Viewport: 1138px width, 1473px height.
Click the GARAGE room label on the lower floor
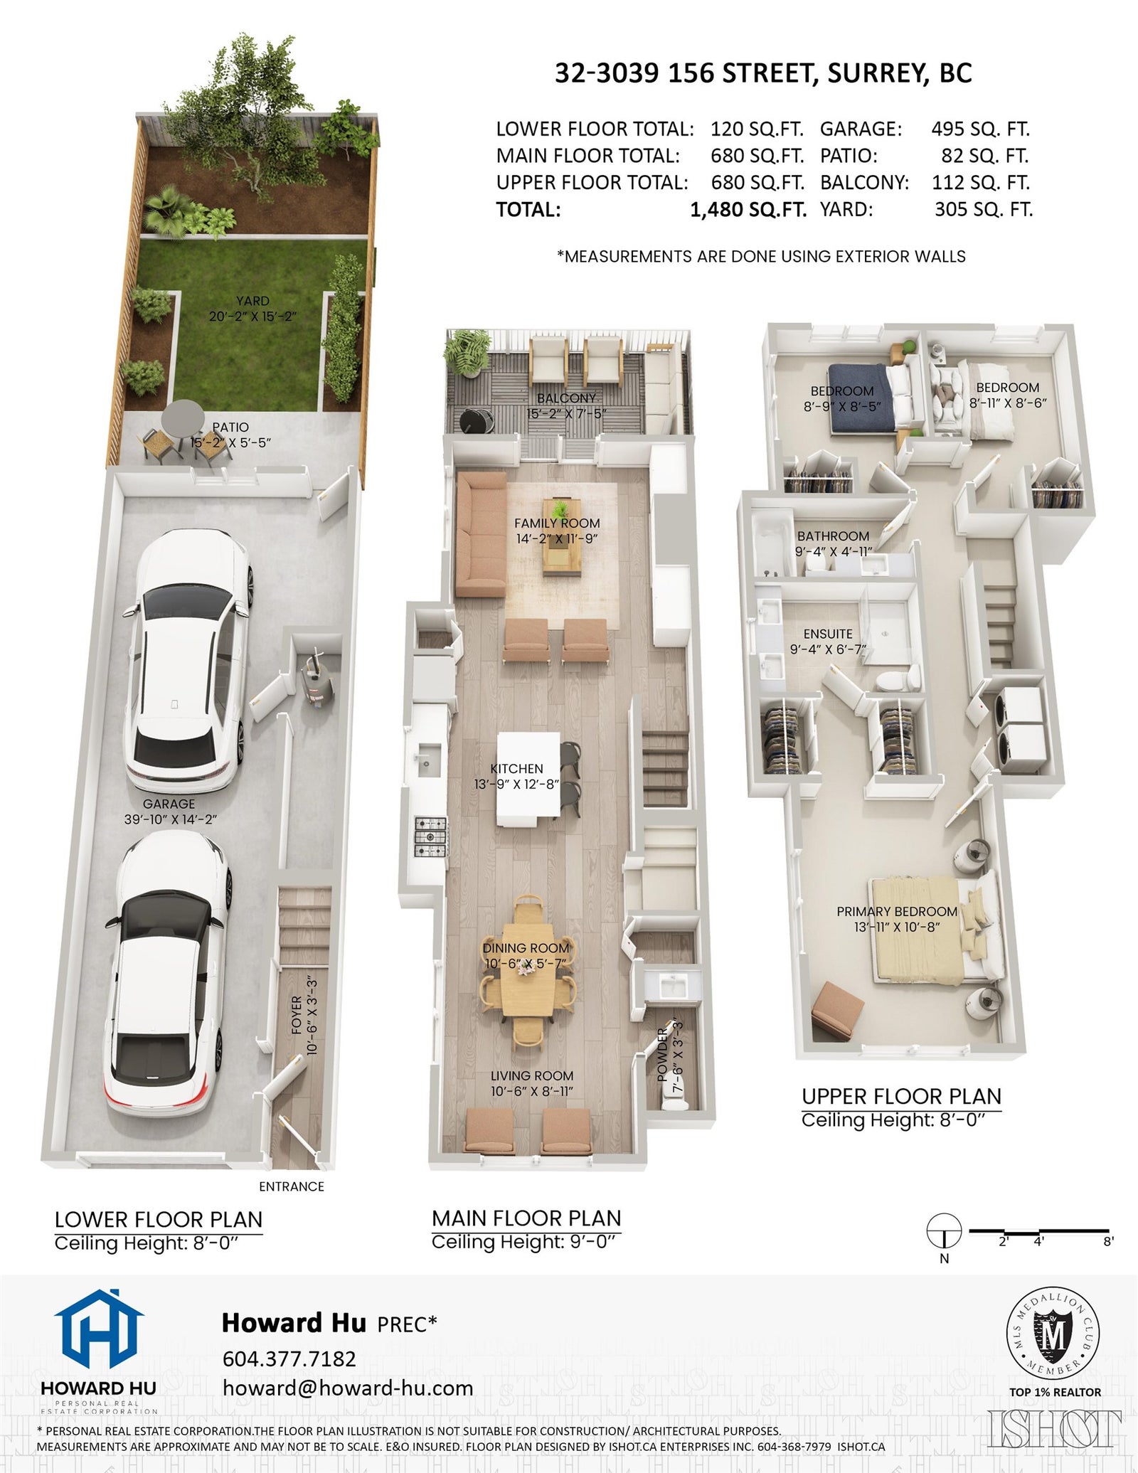click(169, 804)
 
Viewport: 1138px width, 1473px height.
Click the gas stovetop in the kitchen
click(431, 836)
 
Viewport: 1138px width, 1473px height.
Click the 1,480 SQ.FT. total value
click(748, 210)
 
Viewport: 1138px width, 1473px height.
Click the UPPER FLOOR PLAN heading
click(901, 1096)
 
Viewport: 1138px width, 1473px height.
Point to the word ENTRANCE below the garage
click(292, 1186)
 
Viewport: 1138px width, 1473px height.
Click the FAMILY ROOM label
click(557, 523)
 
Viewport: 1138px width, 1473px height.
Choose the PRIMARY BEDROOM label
click(897, 911)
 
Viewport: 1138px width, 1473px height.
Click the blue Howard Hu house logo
click(99, 1331)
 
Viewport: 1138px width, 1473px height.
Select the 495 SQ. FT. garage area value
click(981, 129)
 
